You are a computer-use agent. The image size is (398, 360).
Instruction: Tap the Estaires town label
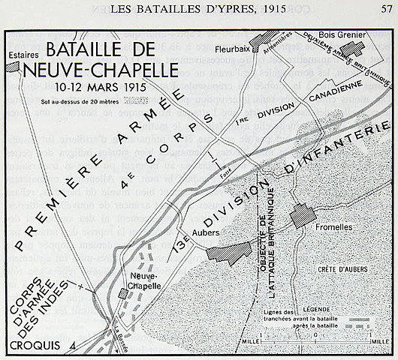pos(22,54)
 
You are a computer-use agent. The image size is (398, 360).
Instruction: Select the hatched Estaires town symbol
pos(11,66)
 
